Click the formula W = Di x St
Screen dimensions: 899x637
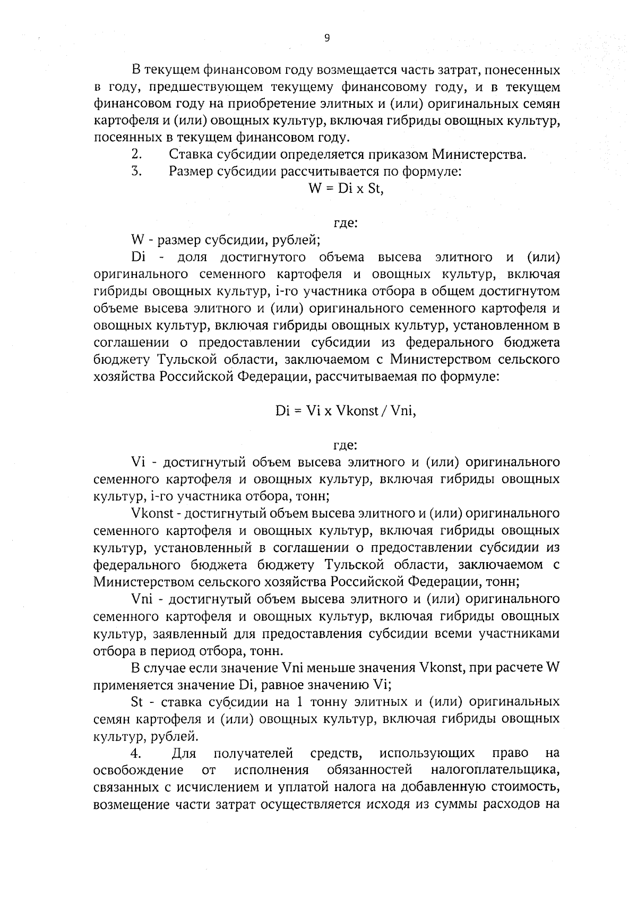pos(346,189)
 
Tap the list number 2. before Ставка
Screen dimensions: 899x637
pos(136,155)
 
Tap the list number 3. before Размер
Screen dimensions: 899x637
pos(136,172)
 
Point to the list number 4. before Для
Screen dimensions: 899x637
pos(136,753)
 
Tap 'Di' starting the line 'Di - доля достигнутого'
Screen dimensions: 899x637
pos(138,257)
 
